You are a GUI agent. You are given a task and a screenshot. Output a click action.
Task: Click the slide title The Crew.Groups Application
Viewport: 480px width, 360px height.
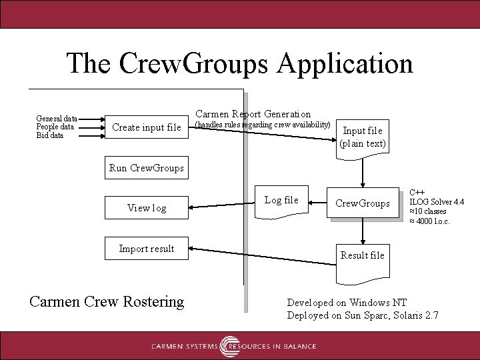[x=239, y=63]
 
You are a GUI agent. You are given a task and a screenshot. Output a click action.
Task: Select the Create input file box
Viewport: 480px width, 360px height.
[x=146, y=127]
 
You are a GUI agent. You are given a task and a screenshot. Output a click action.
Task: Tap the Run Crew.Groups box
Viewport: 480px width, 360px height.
[x=146, y=168]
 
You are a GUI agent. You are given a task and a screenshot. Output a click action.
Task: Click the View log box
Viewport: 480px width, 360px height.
[x=146, y=208]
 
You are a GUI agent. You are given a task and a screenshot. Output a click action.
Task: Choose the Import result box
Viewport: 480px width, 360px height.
[x=146, y=249]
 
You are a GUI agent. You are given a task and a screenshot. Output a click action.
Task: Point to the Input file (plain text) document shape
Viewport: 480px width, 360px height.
[x=363, y=137]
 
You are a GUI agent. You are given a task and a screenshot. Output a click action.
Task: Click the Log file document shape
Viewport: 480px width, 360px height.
[x=282, y=201]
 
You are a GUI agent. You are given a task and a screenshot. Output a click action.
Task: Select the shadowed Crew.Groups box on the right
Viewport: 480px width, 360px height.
[x=363, y=203]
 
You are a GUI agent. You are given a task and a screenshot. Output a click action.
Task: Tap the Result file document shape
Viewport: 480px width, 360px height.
[x=363, y=255]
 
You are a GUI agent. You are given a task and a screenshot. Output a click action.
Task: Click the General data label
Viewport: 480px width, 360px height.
[x=57, y=118]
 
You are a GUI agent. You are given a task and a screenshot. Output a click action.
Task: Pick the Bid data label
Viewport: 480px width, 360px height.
[x=50, y=135]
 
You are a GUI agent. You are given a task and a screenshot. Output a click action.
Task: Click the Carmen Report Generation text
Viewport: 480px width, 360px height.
[x=253, y=114]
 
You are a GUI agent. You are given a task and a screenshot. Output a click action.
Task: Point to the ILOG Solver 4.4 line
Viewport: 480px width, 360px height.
[x=437, y=202]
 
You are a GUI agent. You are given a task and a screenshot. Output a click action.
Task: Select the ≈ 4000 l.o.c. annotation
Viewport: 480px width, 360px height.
[x=429, y=221]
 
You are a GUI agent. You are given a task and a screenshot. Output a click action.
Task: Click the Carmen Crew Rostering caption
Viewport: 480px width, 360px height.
[x=107, y=301]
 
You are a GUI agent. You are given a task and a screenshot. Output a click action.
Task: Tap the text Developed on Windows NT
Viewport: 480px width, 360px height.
[x=347, y=303]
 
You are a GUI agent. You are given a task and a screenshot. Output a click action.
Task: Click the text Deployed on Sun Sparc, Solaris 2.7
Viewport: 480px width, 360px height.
[x=363, y=315]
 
